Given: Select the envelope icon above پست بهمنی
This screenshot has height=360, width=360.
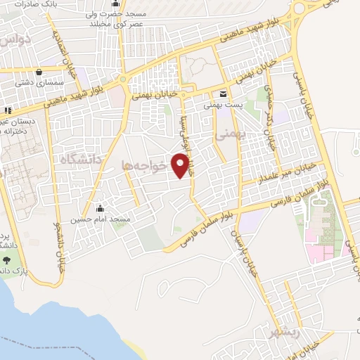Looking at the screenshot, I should pos(223,94).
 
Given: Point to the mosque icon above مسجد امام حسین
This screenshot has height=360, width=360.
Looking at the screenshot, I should pos(100,209).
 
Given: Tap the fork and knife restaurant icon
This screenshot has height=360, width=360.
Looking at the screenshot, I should pos(8,110).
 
